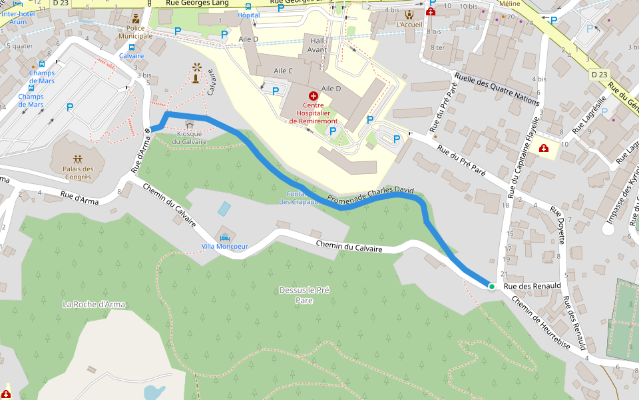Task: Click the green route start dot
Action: pyautogui.click(x=491, y=286)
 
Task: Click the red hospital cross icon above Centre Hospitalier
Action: pyautogui.click(x=313, y=97)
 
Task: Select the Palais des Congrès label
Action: pyautogui.click(x=79, y=173)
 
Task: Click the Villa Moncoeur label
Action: pyautogui.click(x=224, y=246)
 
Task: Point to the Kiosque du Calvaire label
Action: pyautogui.click(x=190, y=137)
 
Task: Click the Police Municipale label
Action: pyautogui.click(x=136, y=32)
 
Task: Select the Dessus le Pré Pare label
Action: pyautogui.click(x=304, y=295)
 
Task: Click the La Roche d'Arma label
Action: pyautogui.click(x=94, y=304)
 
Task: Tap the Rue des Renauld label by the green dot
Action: pyautogui.click(x=529, y=287)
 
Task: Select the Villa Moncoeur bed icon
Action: pyautogui.click(x=224, y=237)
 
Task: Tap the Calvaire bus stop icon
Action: pyautogui.click(x=131, y=47)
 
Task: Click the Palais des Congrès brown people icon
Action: pyautogui.click(x=79, y=159)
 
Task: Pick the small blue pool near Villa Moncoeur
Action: pyautogui.click(x=224, y=209)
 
